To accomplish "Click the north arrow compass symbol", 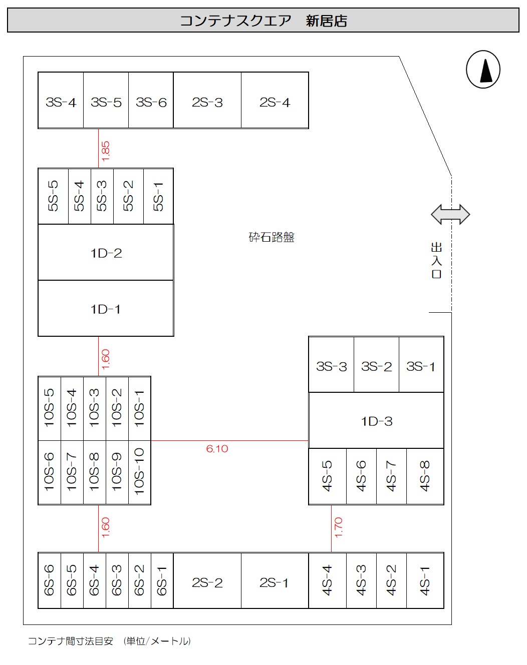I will pos(483,70).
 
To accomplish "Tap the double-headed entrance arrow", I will pos(450,215).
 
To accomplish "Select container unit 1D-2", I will pos(106,253).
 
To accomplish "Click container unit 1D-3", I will pos(376,421).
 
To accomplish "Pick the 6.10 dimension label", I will pos(217,449).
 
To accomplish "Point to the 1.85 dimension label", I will pos(105,151).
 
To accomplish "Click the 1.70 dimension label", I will pos(338,527).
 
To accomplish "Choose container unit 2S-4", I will pos(275,102).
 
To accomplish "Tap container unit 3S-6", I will pos(151,102).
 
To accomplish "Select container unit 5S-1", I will pos(158,197).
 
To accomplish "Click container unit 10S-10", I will pos(140,472).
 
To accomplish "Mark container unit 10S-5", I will pos(49,408).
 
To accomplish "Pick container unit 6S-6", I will pos(49,580).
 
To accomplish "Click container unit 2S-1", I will pos(274,582).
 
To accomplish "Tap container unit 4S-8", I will pos(425,476).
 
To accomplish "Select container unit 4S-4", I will pos(327,580).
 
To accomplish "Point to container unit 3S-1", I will pos(421,366).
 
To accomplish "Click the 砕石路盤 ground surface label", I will pos(272,237).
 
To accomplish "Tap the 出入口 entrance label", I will pos(436,261).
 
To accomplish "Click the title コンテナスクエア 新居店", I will pos(263,21).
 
